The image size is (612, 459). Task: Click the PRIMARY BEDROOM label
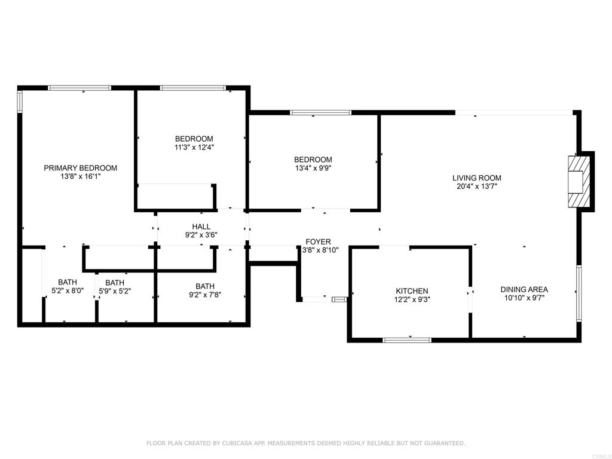(81, 168)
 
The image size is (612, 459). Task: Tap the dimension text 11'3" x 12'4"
(194, 147)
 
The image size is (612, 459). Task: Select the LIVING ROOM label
(476, 178)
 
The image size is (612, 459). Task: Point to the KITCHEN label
(412, 291)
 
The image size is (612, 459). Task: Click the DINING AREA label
(524, 289)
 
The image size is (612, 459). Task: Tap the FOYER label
(318, 241)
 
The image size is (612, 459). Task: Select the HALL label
(201, 227)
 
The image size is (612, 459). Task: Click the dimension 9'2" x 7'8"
(205, 295)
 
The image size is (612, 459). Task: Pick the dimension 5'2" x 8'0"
(68, 290)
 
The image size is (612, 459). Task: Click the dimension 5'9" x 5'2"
(115, 291)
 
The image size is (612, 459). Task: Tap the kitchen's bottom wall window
(407, 340)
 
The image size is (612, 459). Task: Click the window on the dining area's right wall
(579, 293)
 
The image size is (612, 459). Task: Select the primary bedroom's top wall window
(79, 88)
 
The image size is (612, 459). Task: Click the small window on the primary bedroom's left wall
(20, 102)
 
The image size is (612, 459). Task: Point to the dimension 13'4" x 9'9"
(313, 168)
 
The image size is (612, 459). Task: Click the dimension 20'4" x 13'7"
(476, 186)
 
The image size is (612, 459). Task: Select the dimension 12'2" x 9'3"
(412, 299)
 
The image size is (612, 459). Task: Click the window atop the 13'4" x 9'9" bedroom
(321, 113)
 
